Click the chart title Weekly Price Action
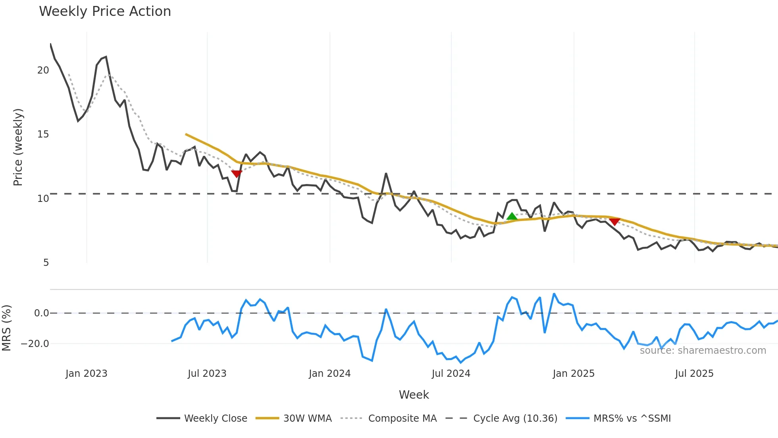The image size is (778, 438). click(105, 12)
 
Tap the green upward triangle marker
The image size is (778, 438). click(512, 217)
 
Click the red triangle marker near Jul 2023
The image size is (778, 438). click(237, 174)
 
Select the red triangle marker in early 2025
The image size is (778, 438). click(614, 221)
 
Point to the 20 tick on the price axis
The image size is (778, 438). click(43, 70)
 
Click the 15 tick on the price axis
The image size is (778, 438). click(43, 134)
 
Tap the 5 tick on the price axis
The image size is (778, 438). click(46, 263)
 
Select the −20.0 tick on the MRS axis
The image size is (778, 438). click(35, 344)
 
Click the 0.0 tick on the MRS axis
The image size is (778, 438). click(41, 313)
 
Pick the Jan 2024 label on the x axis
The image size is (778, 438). click(329, 374)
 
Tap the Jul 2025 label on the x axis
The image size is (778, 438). click(694, 374)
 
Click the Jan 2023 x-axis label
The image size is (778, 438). click(87, 374)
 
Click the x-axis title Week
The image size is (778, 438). click(414, 395)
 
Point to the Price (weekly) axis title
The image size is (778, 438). click(18, 147)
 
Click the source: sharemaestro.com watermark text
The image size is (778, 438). click(703, 351)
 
